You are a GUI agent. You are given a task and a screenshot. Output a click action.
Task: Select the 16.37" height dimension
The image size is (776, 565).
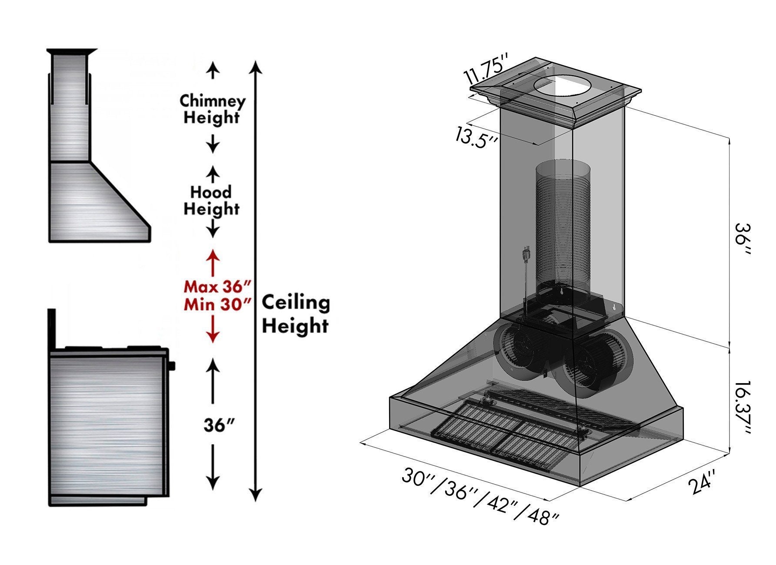(741, 408)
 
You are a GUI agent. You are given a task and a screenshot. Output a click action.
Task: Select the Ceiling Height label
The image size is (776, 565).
(296, 313)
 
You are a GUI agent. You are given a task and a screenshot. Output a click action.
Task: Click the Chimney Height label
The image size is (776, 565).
(212, 109)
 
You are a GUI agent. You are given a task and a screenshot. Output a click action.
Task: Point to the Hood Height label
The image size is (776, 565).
(211, 200)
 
